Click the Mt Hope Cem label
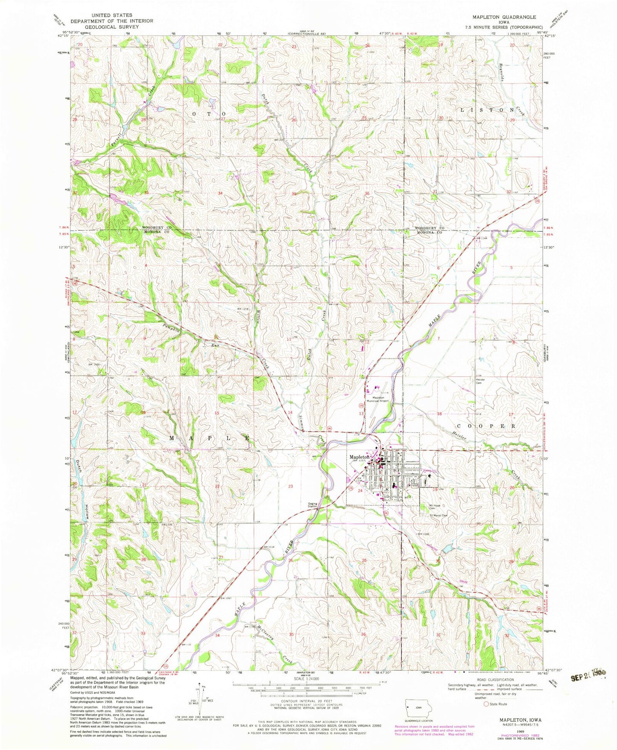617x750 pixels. tap(435, 508)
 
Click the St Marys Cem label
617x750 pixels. tap(438, 516)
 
